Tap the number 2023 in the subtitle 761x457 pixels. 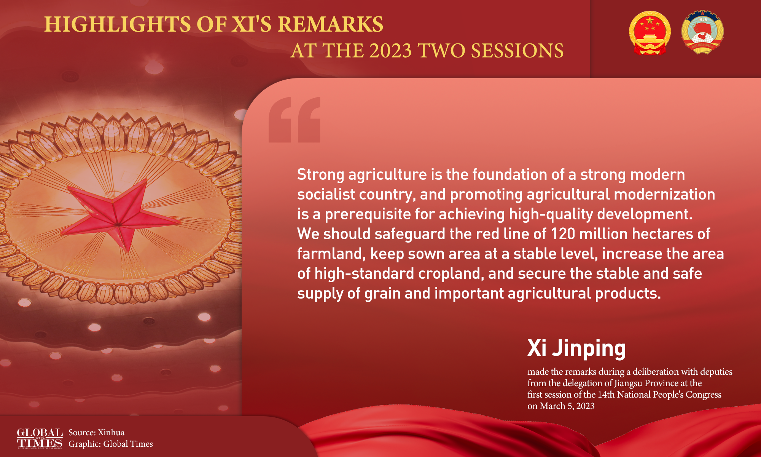390,51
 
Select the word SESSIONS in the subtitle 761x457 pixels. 517,51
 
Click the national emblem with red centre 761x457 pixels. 650,33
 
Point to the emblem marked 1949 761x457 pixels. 702,32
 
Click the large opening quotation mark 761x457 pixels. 295,120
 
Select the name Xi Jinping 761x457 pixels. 576,348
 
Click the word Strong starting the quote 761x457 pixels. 321,175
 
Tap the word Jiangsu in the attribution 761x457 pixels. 628,383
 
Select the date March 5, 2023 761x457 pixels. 567,406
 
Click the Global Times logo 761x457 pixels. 40,438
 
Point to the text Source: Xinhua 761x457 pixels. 97,432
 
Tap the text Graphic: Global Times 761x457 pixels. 111,444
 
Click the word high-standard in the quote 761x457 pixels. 364,274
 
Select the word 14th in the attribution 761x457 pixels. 606,395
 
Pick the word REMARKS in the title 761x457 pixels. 330,24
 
